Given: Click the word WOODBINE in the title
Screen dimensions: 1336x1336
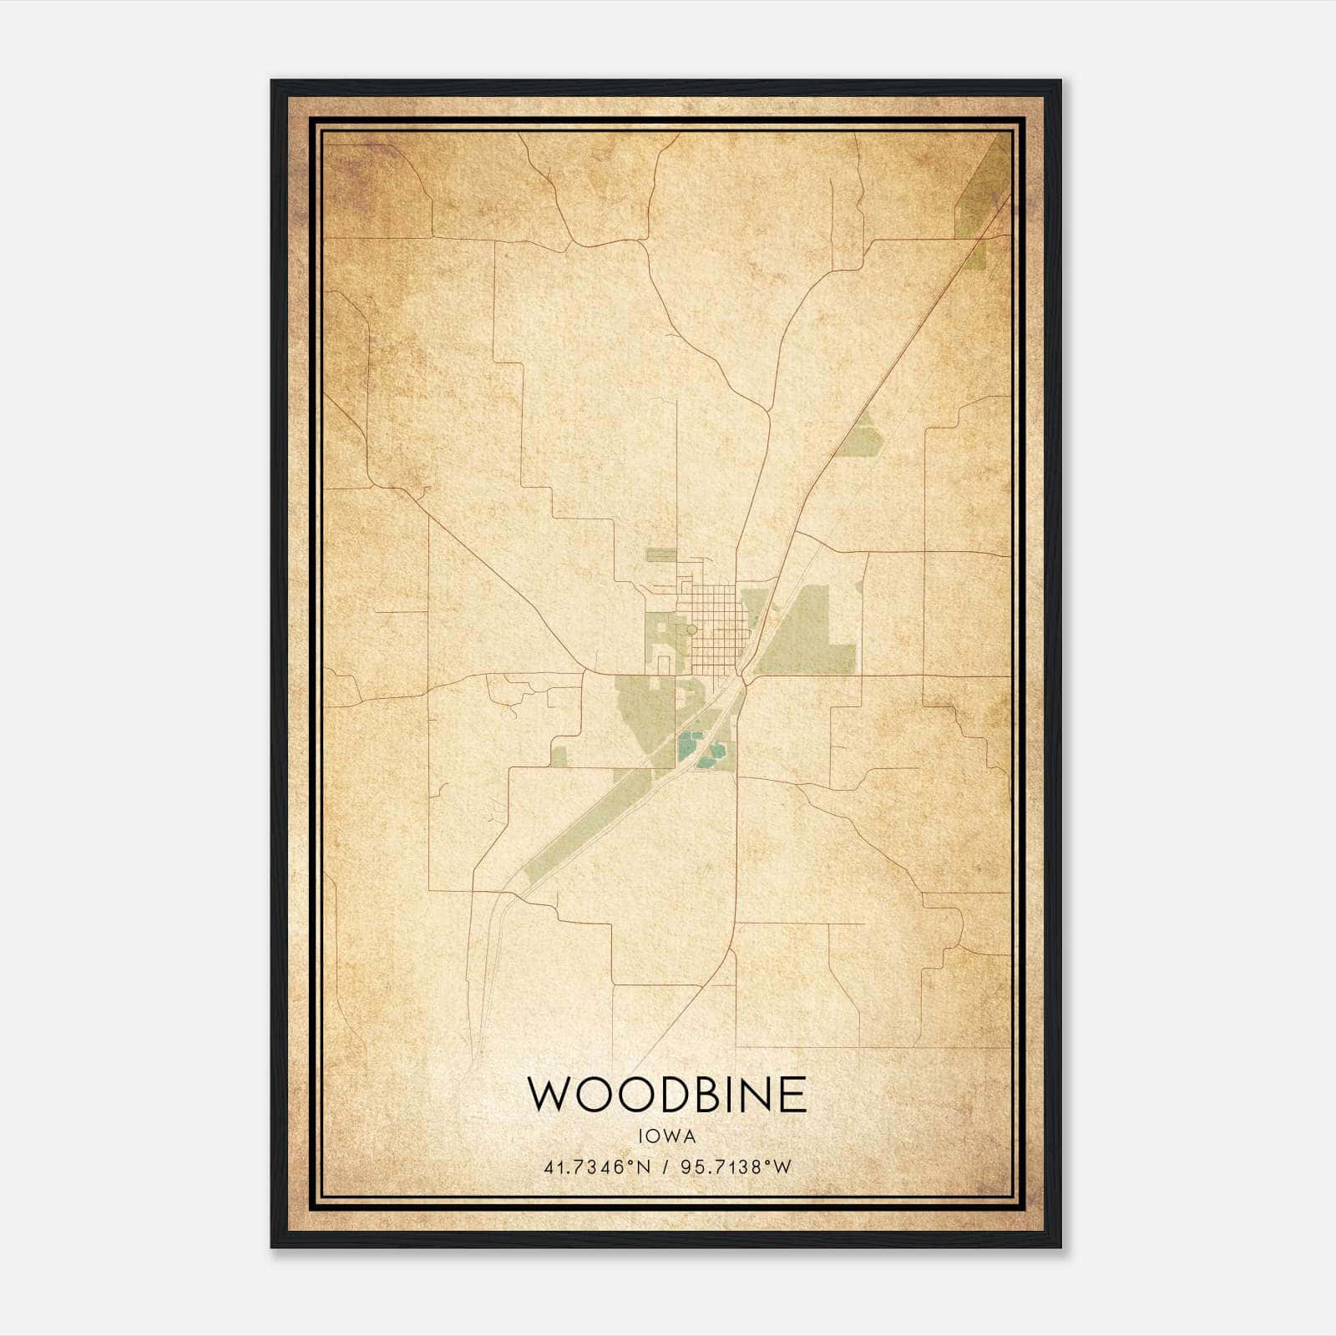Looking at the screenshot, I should pos(667,1095).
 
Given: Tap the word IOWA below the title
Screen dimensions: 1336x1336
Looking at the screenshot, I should pos(667,1136).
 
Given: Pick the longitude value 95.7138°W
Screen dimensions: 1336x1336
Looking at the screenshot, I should pos(736,1167).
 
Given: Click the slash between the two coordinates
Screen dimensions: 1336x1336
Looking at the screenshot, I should pos(665,1167).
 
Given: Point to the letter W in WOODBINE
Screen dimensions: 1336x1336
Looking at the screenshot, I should pos(549,1095).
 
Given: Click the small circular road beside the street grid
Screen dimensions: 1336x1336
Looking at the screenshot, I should pos(691,629).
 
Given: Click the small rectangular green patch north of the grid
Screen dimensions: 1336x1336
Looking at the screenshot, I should pos(661,554).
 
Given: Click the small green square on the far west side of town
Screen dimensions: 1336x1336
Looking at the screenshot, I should pos(559,757).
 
